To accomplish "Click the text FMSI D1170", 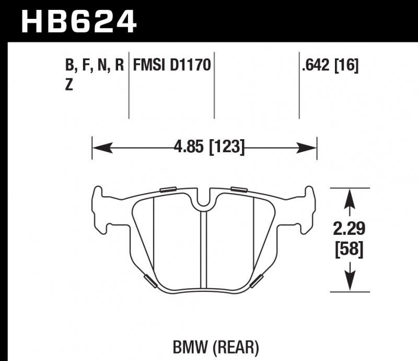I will [172, 65].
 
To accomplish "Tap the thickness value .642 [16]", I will [330, 65].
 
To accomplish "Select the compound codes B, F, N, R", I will [95, 65].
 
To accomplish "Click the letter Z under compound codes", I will [68, 86].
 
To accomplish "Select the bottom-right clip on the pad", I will [257, 280].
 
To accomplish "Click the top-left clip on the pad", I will [168, 189].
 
